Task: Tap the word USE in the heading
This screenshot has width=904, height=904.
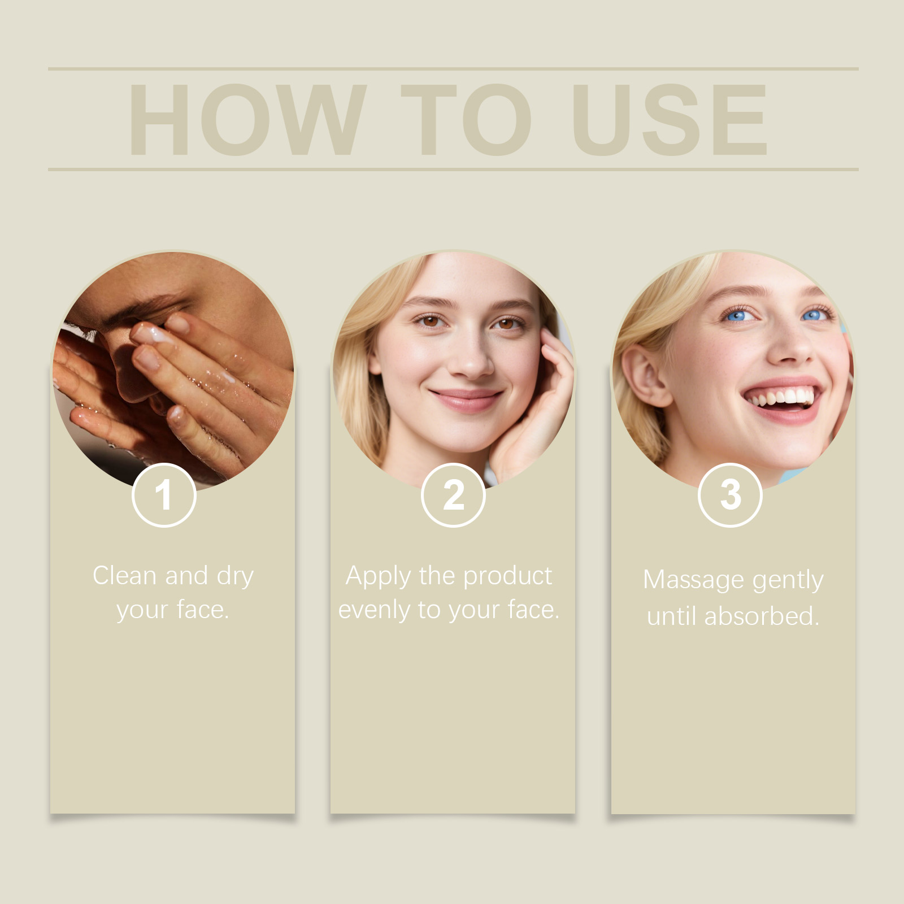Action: click(670, 119)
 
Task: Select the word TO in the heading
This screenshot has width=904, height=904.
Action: click(466, 119)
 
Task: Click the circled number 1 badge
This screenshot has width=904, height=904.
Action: click(164, 495)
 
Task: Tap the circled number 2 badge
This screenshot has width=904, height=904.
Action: click(453, 495)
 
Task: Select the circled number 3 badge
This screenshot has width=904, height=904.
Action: click(730, 495)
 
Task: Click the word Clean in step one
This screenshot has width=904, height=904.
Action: click(124, 576)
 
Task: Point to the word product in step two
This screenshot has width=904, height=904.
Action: click(507, 576)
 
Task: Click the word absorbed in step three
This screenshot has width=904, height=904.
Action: click(761, 616)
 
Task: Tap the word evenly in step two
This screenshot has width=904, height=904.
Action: click(374, 610)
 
